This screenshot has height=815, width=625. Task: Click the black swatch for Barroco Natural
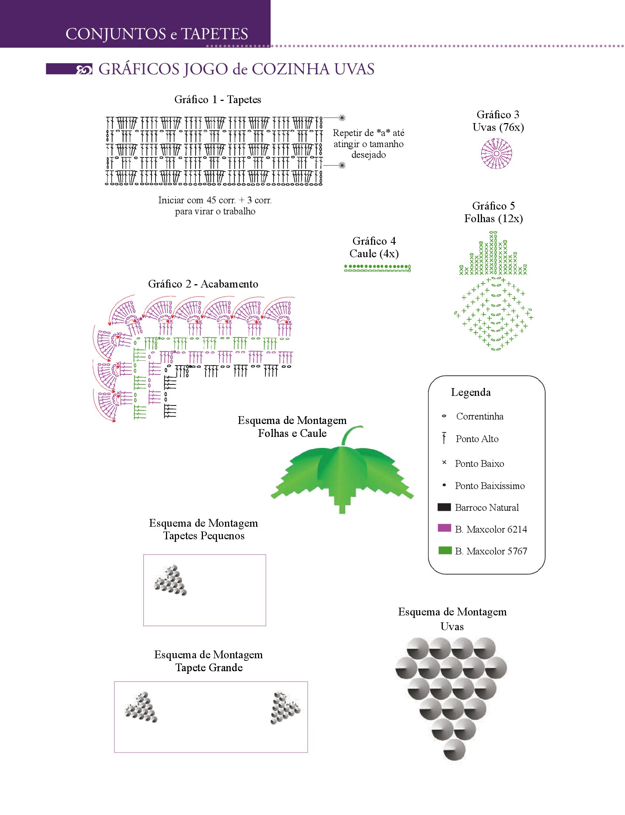pyautogui.click(x=444, y=507)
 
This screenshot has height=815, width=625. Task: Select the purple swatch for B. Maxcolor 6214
pyautogui.click(x=444, y=528)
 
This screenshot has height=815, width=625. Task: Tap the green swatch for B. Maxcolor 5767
pyautogui.click(x=445, y=550)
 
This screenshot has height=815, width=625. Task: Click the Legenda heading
pyautogui.click(x=471, y=393)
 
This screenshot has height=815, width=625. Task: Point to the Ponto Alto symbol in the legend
pyautogui.click(x=444, y=438)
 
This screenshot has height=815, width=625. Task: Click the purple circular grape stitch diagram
pyautogui.click(x=496, y=153)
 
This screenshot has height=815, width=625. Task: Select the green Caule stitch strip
pyautogui.click(x=377, y=268)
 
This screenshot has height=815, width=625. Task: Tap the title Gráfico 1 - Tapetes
pyautogui.click(x=218, y=100)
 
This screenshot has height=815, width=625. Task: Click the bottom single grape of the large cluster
pyautogui.click(x=454, y=750)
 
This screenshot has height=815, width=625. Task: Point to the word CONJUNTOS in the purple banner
pyautogui.click(x=115, y=34)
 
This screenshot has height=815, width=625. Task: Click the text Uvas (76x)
pyautogui.click(x=498, y=128)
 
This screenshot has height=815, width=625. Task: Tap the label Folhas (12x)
pyautogui.click(x=493, y=219)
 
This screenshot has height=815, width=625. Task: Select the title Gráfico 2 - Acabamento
pyautogui.click(x=203, y=284)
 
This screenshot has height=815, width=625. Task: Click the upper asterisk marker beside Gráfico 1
pyautogui.click(x=342, y=118)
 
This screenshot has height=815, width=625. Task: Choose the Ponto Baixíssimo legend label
pyautogui.click(x=490, y=486)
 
